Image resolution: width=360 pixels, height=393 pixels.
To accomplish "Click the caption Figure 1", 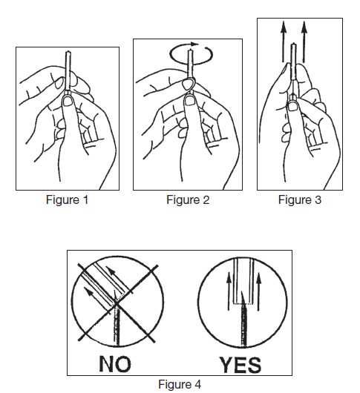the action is tap(68, 200).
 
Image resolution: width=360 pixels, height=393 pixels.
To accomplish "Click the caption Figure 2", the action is tap(188, 200).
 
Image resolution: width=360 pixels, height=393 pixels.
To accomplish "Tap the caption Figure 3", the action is tap(300, 200).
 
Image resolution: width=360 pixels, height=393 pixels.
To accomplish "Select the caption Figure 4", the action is tap(180, 384).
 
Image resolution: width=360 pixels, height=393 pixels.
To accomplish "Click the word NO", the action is tap(115, 364).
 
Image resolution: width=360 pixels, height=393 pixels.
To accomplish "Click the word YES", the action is tap(240, 365).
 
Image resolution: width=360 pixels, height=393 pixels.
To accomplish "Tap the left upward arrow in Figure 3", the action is tap(284, 42).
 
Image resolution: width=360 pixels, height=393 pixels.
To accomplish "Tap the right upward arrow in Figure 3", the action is tap(304, 42).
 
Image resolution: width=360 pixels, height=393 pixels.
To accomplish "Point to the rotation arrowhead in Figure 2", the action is tap(194, 44).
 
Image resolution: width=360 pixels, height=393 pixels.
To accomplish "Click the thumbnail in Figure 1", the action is tap(68, 102).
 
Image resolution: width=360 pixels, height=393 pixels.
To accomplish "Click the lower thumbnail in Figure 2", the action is tap(190, 101).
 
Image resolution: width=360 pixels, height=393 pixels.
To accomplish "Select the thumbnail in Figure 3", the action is tap(292, 106).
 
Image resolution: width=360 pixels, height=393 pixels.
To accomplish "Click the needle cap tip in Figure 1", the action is tap(68, 52).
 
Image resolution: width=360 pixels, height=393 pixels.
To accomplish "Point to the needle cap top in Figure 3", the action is tap(293, 44).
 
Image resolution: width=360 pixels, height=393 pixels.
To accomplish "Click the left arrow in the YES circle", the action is tap(229, 291).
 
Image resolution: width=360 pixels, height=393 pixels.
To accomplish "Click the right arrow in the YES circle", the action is tap(258, 291).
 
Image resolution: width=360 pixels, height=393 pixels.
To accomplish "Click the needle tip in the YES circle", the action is tap(242, 292).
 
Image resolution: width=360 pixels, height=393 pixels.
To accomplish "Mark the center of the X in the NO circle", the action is tap(117, 304).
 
